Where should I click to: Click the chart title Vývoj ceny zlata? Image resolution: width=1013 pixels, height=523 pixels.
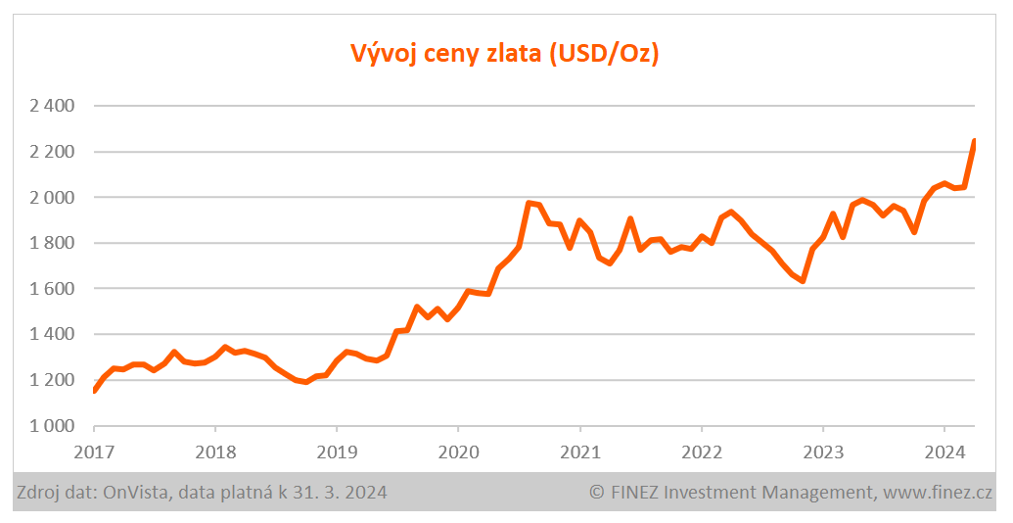coord(505,53)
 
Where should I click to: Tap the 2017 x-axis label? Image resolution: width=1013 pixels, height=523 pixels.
coord(94,453)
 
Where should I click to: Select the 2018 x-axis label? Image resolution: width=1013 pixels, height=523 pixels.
coord(215,453)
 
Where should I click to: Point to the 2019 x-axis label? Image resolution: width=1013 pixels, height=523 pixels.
coord(337,453)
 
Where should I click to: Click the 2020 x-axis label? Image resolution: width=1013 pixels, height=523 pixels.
coord(458,453)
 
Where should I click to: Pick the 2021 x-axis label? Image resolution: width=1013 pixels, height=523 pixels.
coord(579,453)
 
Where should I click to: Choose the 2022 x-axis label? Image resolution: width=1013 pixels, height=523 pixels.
coord(701,453)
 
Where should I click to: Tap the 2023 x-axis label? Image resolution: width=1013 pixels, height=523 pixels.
coord(822,453)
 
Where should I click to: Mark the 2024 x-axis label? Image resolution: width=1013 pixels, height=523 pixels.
coord(944,453)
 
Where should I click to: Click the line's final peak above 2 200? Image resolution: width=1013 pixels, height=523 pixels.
coord(974,142)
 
